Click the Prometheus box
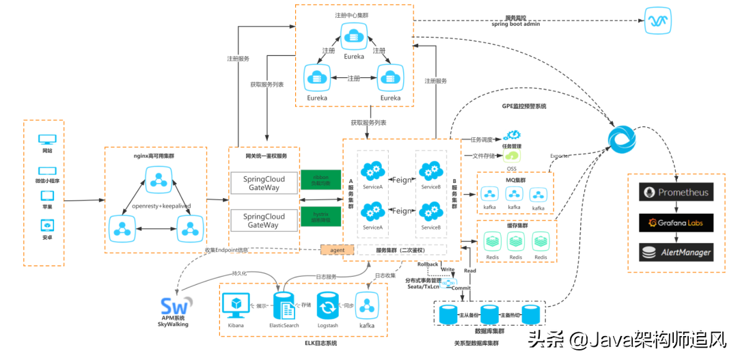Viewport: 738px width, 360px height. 676,193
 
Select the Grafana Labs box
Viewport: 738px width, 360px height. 676,222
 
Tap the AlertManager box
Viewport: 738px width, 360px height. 676,252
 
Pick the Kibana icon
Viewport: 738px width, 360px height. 236,305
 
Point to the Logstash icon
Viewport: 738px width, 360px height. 328,305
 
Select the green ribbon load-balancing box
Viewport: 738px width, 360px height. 320,180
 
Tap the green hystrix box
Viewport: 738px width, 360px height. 320,217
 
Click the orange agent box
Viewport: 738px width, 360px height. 338,250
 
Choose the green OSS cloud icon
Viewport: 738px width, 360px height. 512,156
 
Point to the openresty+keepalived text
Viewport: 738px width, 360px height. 161,206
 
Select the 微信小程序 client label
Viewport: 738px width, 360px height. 47,181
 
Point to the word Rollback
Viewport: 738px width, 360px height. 427,264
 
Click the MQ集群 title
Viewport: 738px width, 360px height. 515,180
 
